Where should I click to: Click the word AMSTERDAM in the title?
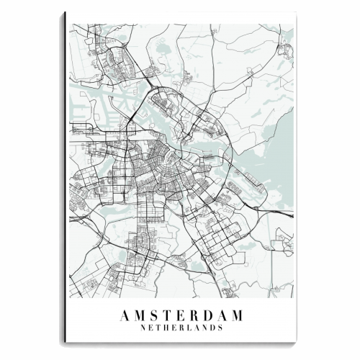(183, 315)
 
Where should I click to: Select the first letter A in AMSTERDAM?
(127, 315)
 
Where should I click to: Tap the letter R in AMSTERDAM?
(195, 315)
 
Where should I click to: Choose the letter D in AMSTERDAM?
(209, 315)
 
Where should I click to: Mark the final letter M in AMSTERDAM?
(238, 315)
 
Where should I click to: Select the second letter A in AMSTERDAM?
(222, 315)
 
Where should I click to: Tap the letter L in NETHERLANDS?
(189, 327)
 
